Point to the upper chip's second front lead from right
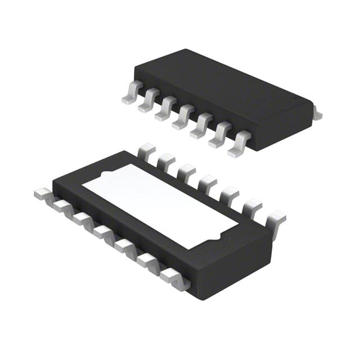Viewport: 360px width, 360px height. [x=220, y=137]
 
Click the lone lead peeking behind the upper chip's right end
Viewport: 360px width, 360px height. [x=317, y=115]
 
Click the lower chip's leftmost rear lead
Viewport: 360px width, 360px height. [x=146, y=151]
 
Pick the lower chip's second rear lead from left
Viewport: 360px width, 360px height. [x=166, y=161]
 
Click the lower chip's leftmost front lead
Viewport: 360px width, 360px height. [x=43, y=194]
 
